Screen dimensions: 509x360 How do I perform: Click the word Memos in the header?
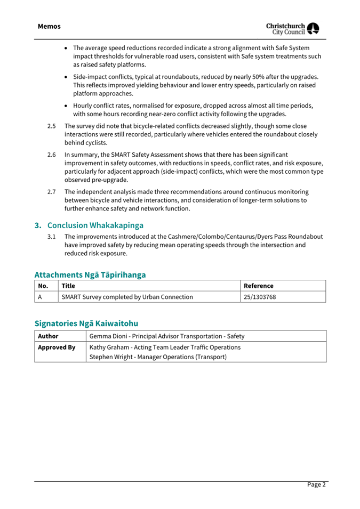click(49, 26)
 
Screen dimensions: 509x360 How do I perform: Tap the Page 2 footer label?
click(316, 484)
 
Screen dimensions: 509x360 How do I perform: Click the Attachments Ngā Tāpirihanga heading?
click(90, 274)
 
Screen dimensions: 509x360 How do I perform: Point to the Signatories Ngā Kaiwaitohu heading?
click(86, 323)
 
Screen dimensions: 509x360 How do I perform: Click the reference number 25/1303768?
click(260, 297)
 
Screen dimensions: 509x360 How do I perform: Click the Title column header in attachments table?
click(68, 286)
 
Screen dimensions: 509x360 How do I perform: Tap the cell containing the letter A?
click(40, 297)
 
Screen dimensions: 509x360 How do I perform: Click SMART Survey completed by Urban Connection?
click(127, 297)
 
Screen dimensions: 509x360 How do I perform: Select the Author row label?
click(48, 336)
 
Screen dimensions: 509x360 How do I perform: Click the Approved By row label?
click(56, 348)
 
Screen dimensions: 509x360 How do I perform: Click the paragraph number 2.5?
click(52, 126)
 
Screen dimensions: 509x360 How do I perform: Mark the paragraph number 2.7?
click(52, 191)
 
